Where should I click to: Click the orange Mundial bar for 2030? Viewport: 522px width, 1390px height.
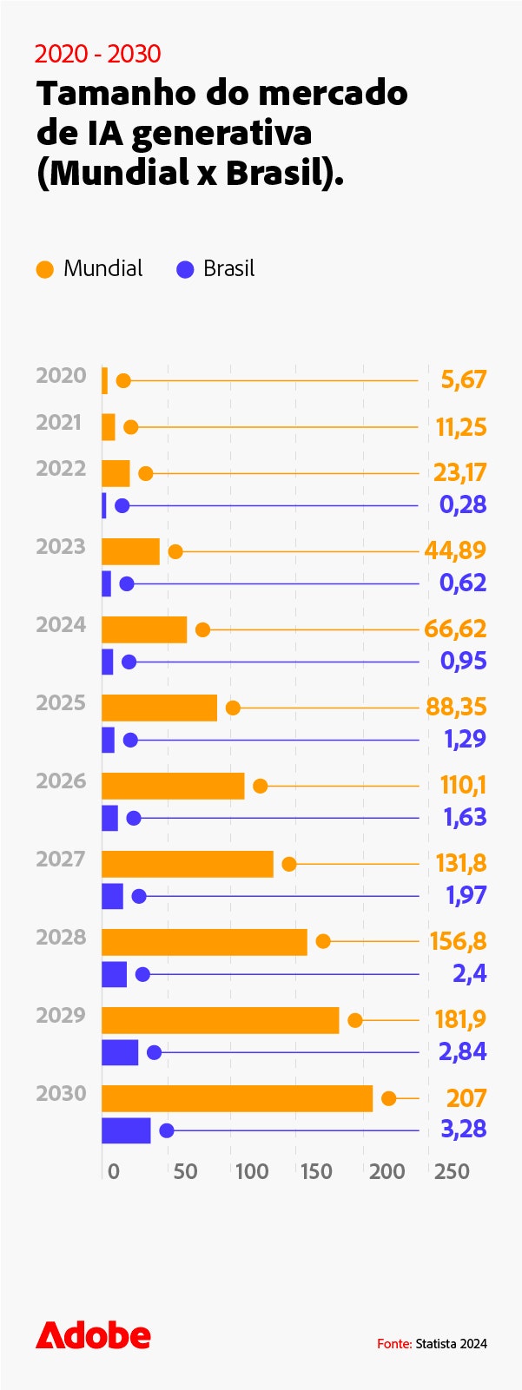click(x=236, y=1098)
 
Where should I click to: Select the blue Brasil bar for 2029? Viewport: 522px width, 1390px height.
click(x=120, y=1052)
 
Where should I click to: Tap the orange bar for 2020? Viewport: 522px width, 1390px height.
click(x=105, y=380)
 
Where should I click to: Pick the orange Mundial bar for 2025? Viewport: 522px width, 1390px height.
click(x=159, y=708)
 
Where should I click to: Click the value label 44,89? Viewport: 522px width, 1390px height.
click(x=455, y=550)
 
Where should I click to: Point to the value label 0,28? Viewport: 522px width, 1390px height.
click(x=462, y=504)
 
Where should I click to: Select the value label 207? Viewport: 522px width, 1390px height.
click(x=466, y=1098)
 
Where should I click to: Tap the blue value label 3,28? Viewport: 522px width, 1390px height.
click(x=462, y=1130)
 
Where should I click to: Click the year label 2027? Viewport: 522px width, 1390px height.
click(x=61, y=859)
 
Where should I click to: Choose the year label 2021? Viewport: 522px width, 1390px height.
click(x=59, y=422)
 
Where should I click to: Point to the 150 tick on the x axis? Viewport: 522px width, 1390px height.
click(x=316, y=1171)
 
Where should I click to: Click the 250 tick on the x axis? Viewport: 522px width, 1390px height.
click(x=452, y=1171)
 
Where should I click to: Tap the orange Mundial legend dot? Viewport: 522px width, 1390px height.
click(x=44, y=270)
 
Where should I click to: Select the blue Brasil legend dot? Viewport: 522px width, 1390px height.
click(x=185, y=270)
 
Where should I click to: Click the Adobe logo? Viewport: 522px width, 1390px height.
click(x=93, y=1335)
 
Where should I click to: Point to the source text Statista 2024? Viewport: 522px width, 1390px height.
click(x=451, y=1343)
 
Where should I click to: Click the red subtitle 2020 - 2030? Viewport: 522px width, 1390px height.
click(x=97, y=54)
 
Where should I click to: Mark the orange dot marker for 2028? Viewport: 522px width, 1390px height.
click(x=323, y=941)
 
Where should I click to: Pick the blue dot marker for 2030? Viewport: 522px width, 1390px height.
click(x=167, y=1130)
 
